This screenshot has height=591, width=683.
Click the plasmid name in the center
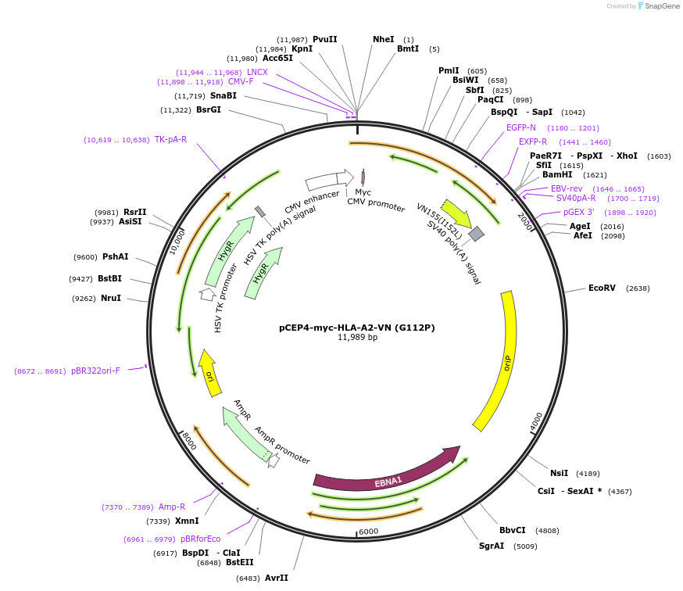pos(357,328)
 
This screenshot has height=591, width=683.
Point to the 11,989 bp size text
pos(357,338)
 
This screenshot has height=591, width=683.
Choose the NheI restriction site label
pos(383,39)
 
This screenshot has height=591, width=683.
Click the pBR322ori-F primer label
pos(95,371)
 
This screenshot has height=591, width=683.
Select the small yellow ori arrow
pos(208,372)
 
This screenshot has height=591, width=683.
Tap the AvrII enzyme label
pos(277,578)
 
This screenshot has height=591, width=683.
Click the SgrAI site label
pos(492,546)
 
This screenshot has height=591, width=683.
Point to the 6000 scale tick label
pos(368,532)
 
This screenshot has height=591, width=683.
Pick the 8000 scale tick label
pos(188,442)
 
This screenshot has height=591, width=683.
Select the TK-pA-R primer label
pos(170,140)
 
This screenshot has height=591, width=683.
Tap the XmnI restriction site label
pos(188,521)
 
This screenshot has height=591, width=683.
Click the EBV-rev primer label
pos(567,188)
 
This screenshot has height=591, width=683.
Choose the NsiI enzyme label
pos(559,473)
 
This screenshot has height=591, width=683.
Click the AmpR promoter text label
pos(282,445)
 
